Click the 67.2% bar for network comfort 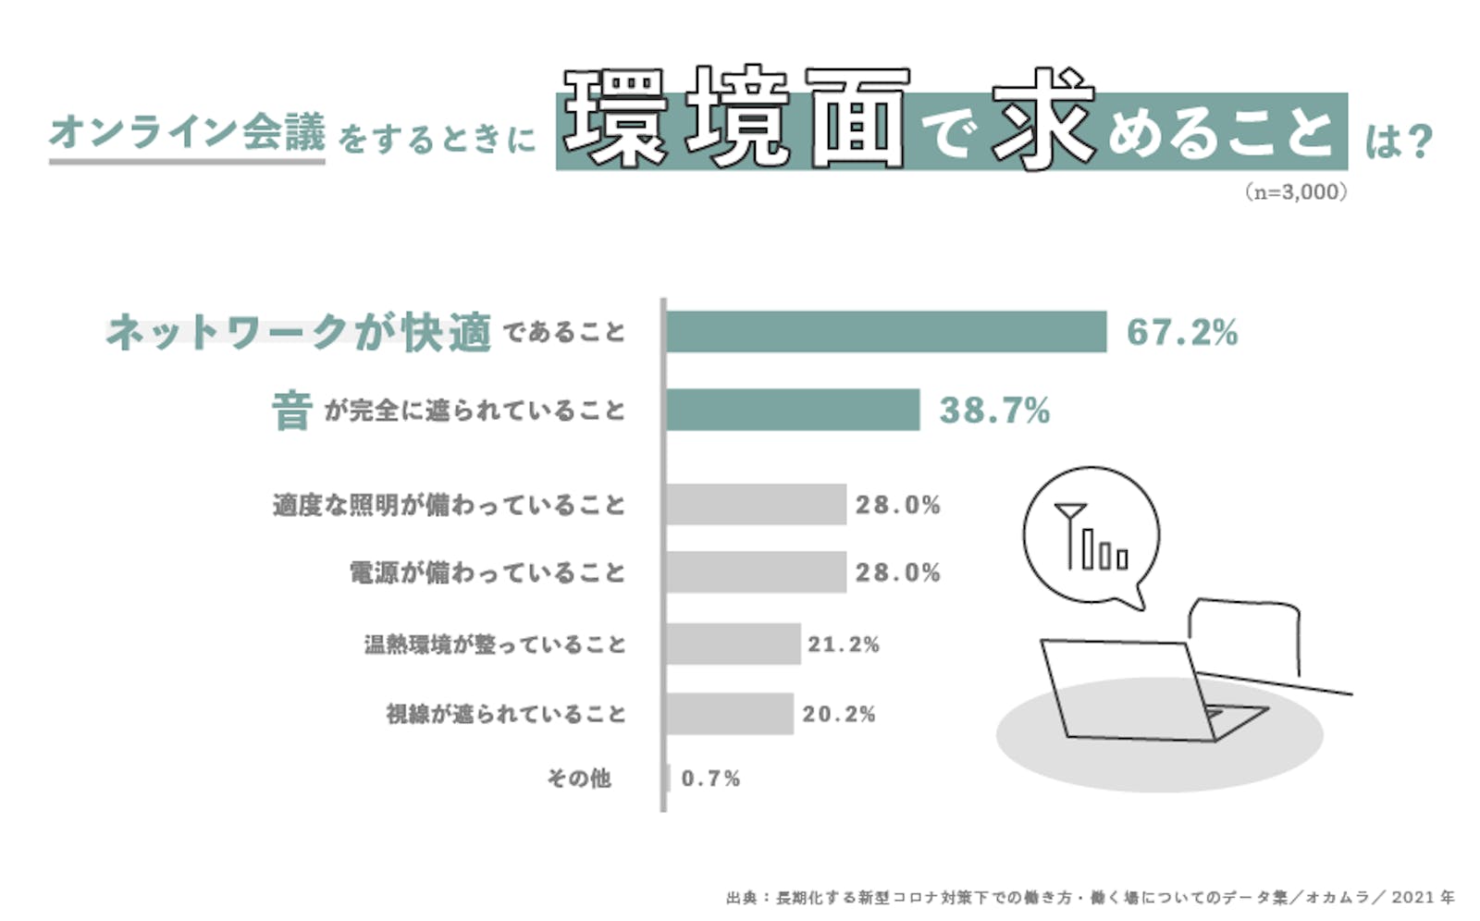click(885, 332)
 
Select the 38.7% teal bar click(793, 410)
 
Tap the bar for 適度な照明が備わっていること click(756, 504)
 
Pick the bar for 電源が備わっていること click(756, 572)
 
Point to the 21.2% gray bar click(733, 644)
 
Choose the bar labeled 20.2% click(729, 714)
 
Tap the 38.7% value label click(995, 411)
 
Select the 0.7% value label click(710, 779)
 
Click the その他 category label click(579, 779)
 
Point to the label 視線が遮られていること click(506, 714)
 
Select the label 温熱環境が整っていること click(495, 644)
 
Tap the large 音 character click(291, 411)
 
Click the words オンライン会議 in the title click(187, 132)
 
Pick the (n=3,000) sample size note click(1295, 192)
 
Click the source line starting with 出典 click(1090, 897)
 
